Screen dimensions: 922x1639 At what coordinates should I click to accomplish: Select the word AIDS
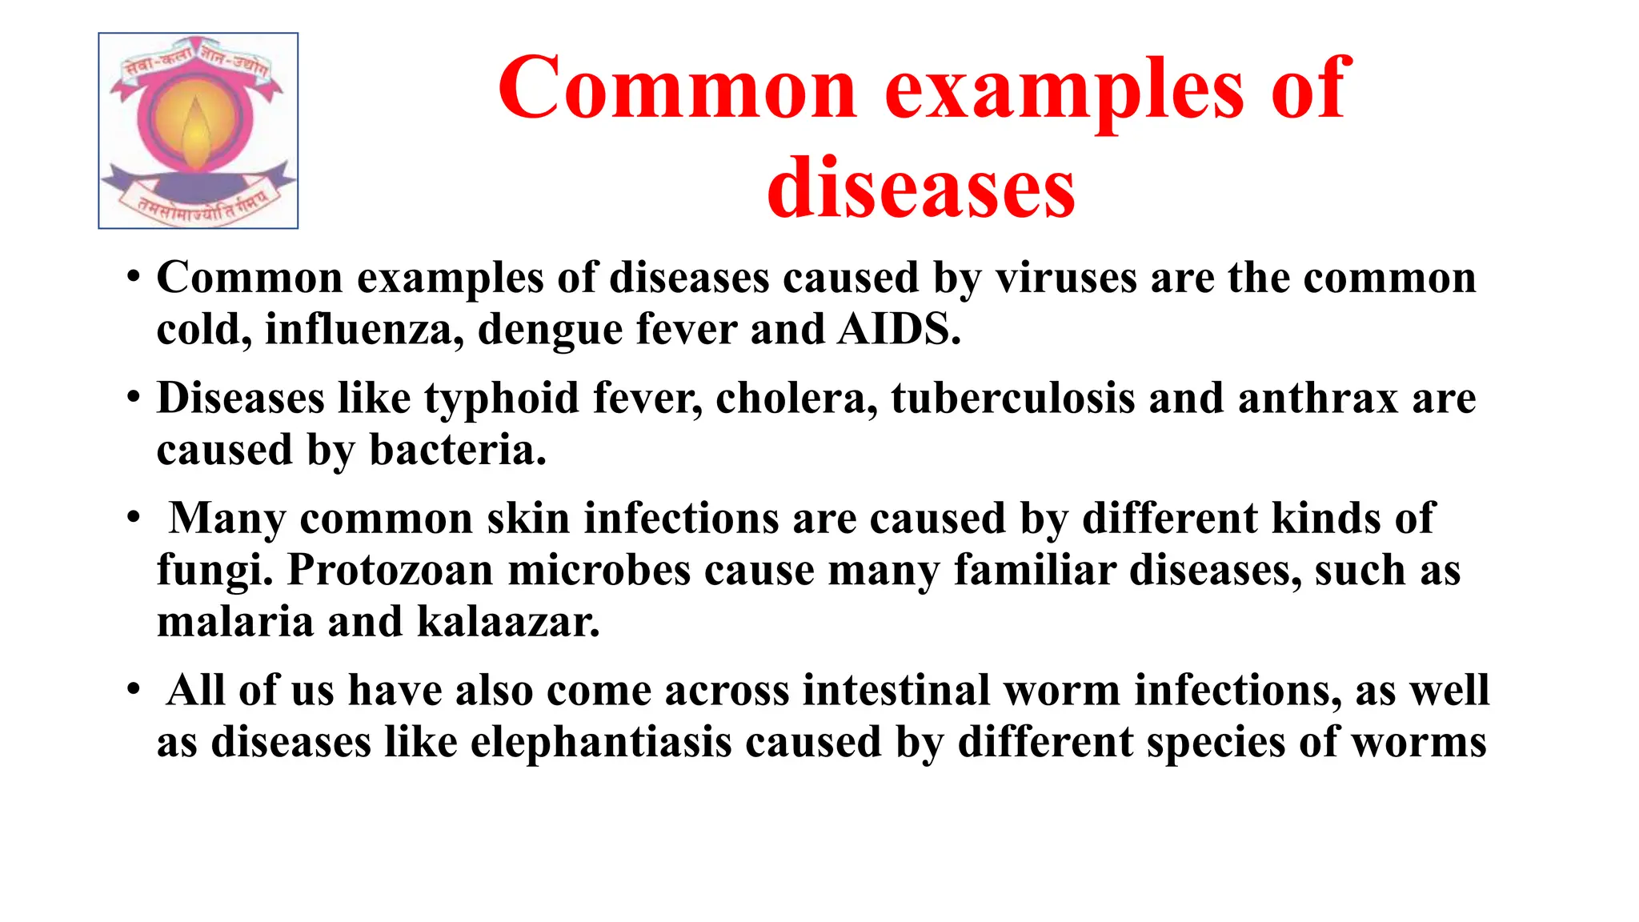[x=898, y=329]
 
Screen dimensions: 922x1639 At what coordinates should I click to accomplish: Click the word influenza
[x=364, y=329]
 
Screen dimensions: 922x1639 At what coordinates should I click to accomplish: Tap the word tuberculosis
[x=1012, y=398]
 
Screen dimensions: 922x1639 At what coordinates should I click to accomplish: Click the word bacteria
[x=457, y=449]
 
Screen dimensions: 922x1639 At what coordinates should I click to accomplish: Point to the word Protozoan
[x=391, y=570]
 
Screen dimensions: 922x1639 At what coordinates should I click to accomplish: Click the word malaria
[x=234, y=622]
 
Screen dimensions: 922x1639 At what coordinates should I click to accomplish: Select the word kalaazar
[x=508, y=622]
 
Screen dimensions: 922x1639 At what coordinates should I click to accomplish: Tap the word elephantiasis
[x=601, y=742]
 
